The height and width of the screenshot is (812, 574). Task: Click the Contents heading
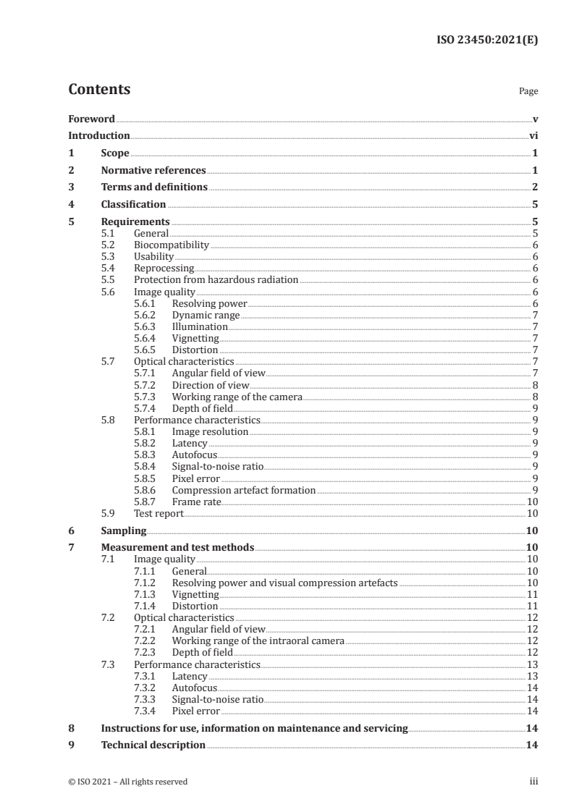[99, 90]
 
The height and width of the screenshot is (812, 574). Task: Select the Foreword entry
[91, 119]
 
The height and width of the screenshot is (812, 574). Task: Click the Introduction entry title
[99, 135]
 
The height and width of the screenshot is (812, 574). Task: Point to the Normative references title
[153, 171]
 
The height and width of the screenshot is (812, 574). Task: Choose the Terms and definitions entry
[154, 187]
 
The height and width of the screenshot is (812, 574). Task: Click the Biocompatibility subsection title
[172, 245]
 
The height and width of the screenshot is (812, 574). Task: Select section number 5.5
[108, 279]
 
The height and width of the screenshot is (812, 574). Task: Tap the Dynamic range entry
[205, 315]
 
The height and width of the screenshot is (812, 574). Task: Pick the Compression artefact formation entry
[243, 490]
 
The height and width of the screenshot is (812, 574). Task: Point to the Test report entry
[159, 513]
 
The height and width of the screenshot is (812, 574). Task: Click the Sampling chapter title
[124, 530]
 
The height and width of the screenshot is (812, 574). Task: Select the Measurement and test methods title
[177, 547]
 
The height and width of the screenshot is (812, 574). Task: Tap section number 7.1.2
[145, 582]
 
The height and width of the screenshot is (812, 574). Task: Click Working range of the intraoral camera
[258, 640]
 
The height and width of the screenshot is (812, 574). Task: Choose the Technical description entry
[153, 745]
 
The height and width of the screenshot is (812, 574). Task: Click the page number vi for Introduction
[533, 135]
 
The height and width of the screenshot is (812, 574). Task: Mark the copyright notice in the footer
[127, 782]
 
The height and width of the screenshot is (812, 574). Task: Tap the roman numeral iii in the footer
[533, 782]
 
